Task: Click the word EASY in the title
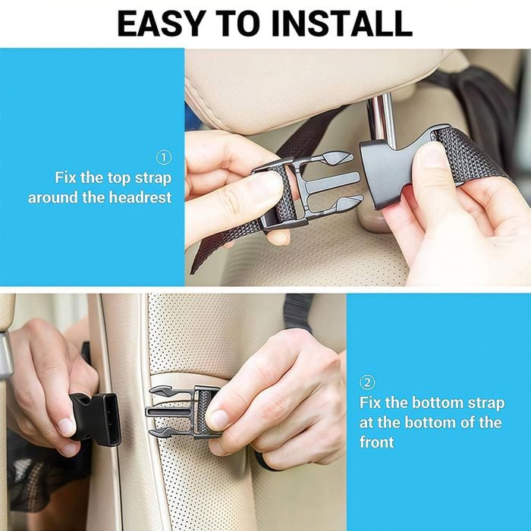(162, 24)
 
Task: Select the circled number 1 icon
(164, 158)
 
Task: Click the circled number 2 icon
(367, 382)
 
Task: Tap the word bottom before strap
(437, 403)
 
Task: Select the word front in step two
(376, 442)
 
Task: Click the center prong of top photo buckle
(332, 181)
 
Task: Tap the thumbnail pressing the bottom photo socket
(66, 426)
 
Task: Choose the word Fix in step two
(370, 403)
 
